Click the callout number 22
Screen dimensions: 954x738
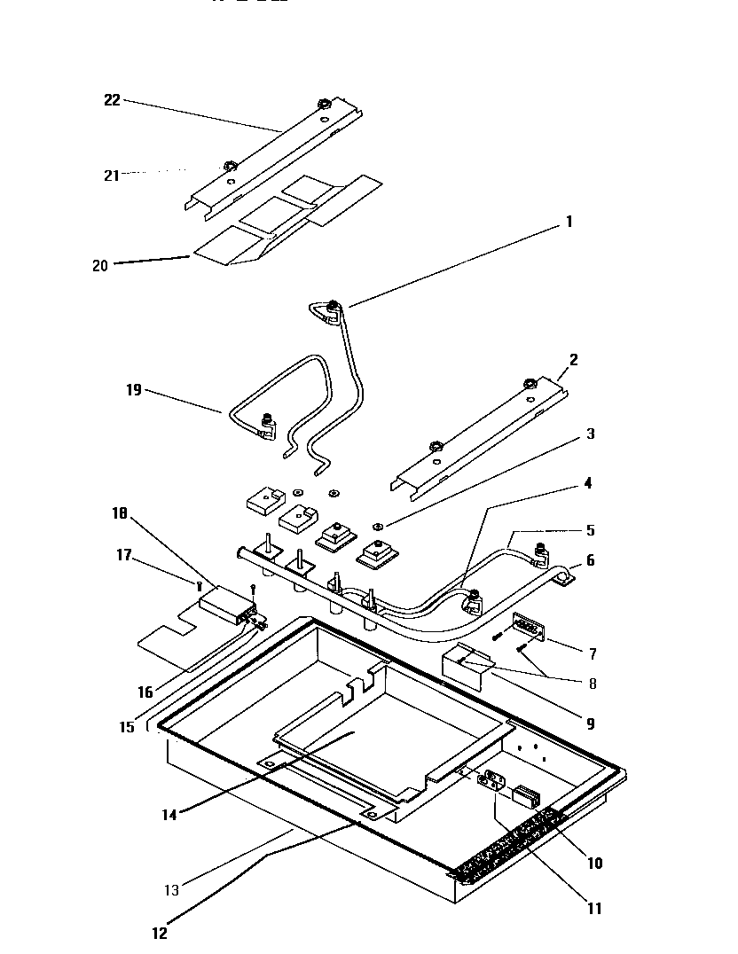(112, 100)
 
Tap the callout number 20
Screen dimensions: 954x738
(99, 264)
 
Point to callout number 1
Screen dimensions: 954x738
(569, 222)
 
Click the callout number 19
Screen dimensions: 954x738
(133, 389)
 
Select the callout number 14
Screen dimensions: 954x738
(169, 814)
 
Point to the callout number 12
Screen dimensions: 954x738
(160, 932)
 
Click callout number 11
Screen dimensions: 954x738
(594, 908)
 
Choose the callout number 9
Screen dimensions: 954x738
(590, 723)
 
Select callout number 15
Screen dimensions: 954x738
(128, 726)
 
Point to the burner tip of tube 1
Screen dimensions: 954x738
(332, 307)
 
